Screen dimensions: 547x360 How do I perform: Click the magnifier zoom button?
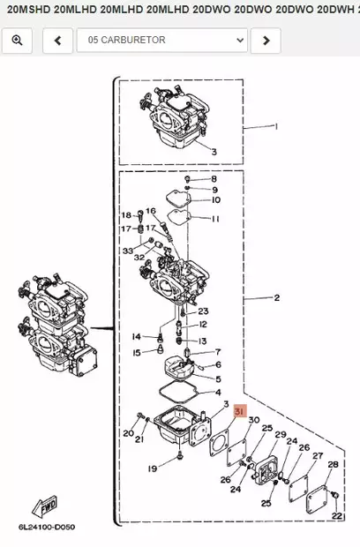pyautogui.click(x=17, y=41)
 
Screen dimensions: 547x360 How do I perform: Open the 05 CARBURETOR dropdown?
pyautogui.click(x=161, y=41)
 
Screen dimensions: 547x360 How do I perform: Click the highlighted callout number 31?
pyautogui.click(x=239, y=411)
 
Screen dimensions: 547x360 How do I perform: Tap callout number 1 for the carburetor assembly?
pyautogui.click(x=275, y=126)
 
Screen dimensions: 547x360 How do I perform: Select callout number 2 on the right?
pyautogui.click(x=276, y=298)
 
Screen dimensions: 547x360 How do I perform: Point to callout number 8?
pyautogui.click(x=213, y=179)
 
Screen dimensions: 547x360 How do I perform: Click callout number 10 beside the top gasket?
pyautogui.click(x=215, y=200)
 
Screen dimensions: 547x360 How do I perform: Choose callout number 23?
pyautogui.click(x=203, y=311)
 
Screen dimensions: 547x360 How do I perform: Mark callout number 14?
pyautogui.click(x=136, y=337)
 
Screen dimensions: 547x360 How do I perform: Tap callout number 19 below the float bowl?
pyautogui.click(x=152, y=468)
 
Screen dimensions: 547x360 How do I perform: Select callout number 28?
pyautogui.click(x=333, y=464)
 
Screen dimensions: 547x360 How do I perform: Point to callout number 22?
pyautogui.click(x=336, y=515)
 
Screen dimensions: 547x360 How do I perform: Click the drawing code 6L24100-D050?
pyautogui.click(x=48, y=528)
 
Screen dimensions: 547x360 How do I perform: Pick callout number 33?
pyautogui.click(x=127, y=253)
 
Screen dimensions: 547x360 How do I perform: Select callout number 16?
pyautogui.click(x=150, y=211)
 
